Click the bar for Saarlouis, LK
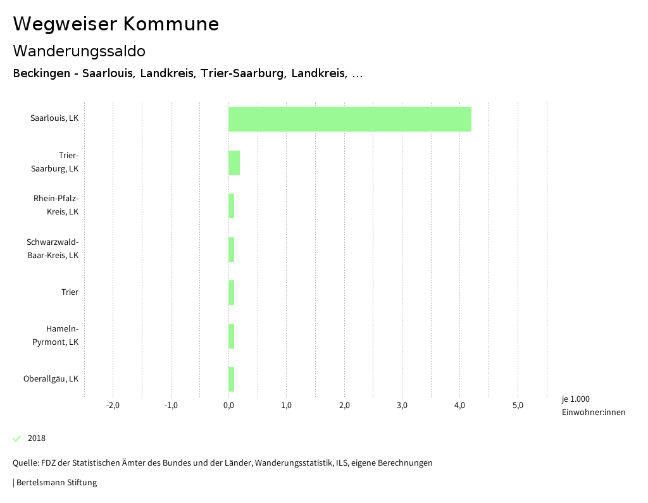[349, 119]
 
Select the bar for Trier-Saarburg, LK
[234, 163]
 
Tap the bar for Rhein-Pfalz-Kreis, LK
[232, 206]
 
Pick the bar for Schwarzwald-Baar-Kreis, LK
[232, 249]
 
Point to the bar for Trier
[232, 292]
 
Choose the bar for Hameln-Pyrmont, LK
[232, 336]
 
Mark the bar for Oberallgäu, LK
[232, 379]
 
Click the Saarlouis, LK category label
[54, 118]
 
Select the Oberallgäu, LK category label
[51, 379]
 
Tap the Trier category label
[70, 292]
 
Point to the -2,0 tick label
[113, 406]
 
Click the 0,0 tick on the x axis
[228, 406]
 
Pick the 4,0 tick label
[460, 406]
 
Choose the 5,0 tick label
[518, 406]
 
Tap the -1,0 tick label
[171, 406]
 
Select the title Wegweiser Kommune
[116, 24]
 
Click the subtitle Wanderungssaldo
[79, 51]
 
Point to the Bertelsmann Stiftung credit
[56, 483]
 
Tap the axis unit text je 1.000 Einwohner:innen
[592, 406]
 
